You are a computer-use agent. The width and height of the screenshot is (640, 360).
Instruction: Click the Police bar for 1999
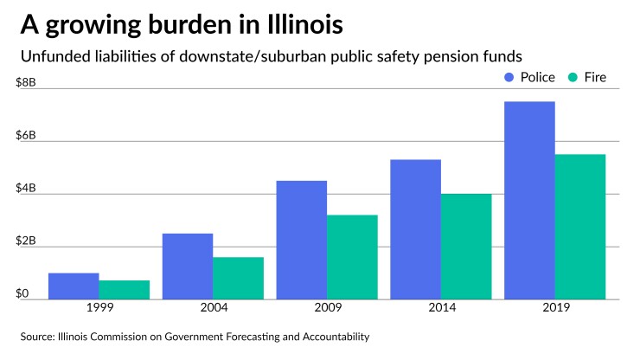pos(73,286)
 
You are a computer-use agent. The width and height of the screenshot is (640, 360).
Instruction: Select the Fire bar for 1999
pos(124,290)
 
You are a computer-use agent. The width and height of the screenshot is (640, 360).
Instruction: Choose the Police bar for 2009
pos(301,240)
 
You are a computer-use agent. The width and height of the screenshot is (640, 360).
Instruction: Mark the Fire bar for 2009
pos(352,257)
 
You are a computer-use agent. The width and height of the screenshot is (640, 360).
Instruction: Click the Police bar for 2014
pos(415,229)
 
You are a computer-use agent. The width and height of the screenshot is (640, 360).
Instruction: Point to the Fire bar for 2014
pos(466,247)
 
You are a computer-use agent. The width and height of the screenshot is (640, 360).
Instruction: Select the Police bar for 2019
pos(529,201)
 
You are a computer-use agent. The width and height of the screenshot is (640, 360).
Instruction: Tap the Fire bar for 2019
pos(580,227)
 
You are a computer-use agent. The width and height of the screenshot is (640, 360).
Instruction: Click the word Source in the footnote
pos(40,336)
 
